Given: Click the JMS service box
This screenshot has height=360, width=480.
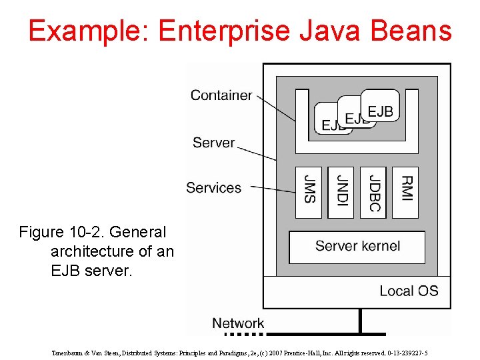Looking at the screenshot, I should point(309,192).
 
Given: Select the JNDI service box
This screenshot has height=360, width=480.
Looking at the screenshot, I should point(341,192).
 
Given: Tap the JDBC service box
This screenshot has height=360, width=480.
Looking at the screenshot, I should point(373,192).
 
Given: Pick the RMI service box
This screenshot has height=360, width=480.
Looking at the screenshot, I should point(405,192).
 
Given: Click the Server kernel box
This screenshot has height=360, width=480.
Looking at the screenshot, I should point(357,247).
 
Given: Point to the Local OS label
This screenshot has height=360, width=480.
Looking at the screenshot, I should point(409,291).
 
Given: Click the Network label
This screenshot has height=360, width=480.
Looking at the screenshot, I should point(238,323).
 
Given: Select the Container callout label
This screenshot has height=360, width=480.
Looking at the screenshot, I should point(221,95).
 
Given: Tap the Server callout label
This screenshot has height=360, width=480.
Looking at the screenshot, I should point(213,143).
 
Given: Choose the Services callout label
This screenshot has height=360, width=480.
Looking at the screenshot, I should point(213,188).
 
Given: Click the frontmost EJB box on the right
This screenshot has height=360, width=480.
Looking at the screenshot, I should point(381,109).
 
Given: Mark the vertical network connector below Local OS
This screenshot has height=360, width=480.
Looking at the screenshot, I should point(361,321).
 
